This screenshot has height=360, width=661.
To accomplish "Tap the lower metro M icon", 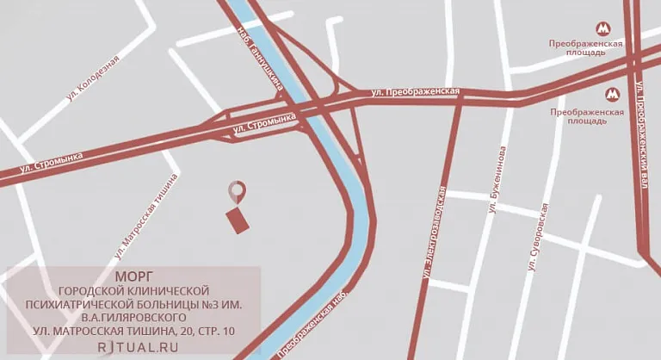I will pyautogui.click(x=612, y=95).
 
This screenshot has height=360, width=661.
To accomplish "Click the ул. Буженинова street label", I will pyautogui.click(x=497, y=180).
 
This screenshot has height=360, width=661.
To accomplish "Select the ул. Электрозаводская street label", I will pyautogui.click(x=433, y=233).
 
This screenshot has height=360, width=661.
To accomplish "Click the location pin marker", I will pyautogui.click(x=237, y=191).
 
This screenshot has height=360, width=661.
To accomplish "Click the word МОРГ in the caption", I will pyautogui.click(x=133, y=276).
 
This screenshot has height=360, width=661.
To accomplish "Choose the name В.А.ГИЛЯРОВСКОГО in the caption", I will pyautogui.click(x=133, y=318).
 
